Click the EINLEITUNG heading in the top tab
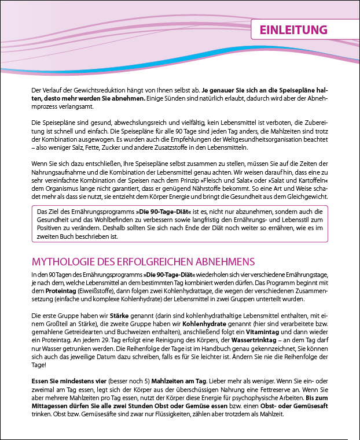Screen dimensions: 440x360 tap(293, 30)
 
